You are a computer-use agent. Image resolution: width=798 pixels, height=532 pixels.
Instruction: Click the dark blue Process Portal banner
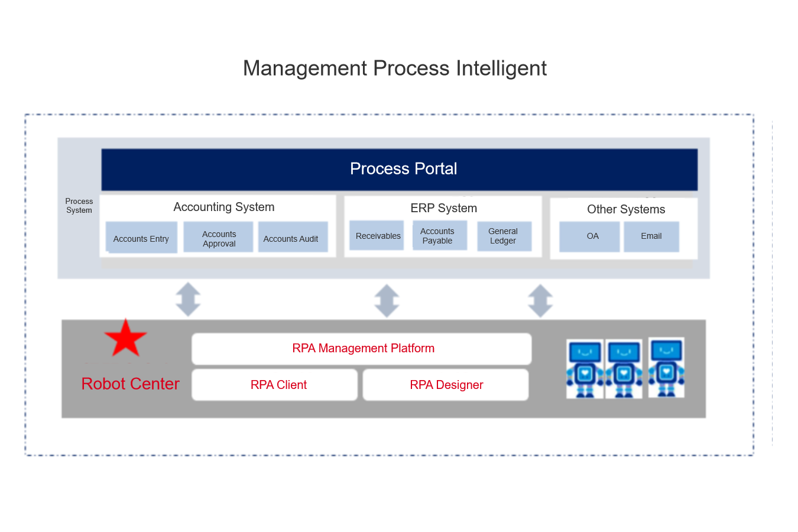tap(400, 169)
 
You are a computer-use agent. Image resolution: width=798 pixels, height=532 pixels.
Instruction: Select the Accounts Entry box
tap(141, 237)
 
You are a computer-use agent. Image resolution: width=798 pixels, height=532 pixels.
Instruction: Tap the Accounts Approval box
tap(218, 237)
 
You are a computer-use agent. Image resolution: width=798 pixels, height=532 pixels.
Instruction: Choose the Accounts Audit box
tap(293, 237)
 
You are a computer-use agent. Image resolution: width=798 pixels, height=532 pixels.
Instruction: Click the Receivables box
tap(377, 235)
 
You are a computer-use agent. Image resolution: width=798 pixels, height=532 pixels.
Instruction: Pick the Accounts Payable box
tap(440, 235)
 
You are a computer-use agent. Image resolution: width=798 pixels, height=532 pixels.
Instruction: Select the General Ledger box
tap(504, 236)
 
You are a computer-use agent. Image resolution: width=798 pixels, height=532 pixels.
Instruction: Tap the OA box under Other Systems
tap(589, 237)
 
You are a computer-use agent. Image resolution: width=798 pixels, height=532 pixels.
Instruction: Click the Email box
tap(651, 237)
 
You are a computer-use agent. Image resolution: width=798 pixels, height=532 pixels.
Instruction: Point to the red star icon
tap(125, 339)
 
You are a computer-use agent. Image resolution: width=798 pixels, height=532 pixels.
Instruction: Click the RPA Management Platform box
tap(362, 349)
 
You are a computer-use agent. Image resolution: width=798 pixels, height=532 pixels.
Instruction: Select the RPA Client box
tap(274, 385)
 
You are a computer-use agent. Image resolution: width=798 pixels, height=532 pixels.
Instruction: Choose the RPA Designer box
tap(446, 385)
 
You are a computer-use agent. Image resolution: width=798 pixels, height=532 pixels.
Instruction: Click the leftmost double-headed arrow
tap(188, 299)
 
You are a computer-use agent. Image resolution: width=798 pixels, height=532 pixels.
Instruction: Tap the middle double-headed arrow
tap(387, 300)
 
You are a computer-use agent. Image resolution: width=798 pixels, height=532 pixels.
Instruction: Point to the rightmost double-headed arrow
tap(540, 300)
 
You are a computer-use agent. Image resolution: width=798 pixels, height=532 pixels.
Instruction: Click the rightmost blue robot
tap(666, 368)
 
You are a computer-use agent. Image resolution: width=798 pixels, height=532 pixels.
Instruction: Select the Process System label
tap(79, 206)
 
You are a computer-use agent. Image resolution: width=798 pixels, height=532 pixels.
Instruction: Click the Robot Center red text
tap(131, 384)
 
